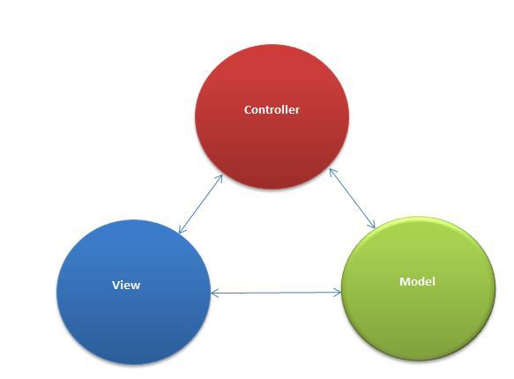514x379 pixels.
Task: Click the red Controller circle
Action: click(272, 116)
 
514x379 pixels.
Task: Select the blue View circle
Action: click(133, 292)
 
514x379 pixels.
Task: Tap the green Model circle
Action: click(418, 288)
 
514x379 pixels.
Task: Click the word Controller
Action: click(272, 109)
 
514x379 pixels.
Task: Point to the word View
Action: click(126, 285)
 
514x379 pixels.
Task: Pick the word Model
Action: click(417, 281)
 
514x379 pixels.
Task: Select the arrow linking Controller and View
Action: click(201, 204)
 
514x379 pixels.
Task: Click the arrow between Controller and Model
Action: click(352, 198)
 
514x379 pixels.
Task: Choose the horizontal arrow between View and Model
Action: click(276, 293)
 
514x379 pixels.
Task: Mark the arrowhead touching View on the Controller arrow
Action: click(183, 229)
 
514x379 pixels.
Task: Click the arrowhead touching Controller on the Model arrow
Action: click(332, 173)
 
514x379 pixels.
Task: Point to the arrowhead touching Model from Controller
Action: click(372, 224)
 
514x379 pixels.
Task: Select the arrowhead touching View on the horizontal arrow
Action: click(214, 293)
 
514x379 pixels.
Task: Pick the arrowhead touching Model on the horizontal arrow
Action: click(338, 293)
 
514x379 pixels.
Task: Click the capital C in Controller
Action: click(248, 110)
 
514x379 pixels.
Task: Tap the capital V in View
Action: click(116, 285)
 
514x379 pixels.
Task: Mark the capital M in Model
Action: click(405, 282)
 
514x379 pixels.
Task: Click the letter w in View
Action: click(136, 286)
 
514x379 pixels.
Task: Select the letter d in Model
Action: click(423, 282)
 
